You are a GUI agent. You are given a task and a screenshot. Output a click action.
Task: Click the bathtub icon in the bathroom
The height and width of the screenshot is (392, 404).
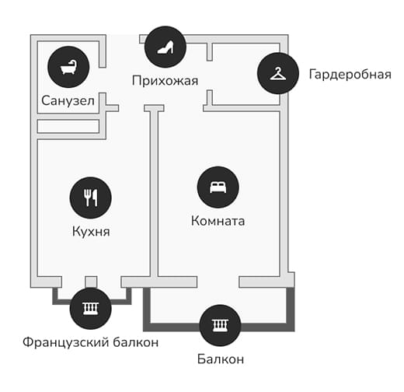pyautogui.click(x=68, y=67)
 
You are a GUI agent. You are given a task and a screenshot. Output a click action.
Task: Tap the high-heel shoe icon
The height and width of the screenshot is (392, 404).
pyautogui.click(x=165, y=47)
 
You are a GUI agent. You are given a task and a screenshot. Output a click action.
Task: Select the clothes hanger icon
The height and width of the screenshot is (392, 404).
pyautogui.click(x=278, y=73)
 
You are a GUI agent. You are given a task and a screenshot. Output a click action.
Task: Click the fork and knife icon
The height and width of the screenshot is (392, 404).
pyautogui.click(x=91, y=198)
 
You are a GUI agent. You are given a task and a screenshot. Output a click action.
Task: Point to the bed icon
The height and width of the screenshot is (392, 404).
pyautogui.click(x=218, y=187)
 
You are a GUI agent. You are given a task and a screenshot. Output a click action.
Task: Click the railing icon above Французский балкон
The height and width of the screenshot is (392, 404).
pyautogui.click(x=91, y=309)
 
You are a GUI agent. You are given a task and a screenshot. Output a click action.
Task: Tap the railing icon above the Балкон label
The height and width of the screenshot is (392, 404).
pyautogui.click(x=221, y=325)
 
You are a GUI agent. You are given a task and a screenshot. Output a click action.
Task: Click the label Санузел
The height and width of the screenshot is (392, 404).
pyautogui.click(x=68, y=100)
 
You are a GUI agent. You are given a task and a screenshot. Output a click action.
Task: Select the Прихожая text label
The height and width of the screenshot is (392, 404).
pyautogui.click(x=165, y=81)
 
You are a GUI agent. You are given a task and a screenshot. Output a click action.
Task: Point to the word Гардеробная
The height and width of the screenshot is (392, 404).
pyautogui.click(x=350, y=75)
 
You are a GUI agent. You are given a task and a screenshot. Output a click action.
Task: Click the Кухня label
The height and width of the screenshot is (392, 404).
pyautogui.click(x=91, y=231)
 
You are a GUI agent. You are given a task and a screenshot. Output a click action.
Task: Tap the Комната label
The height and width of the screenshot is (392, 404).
pyautogui.click(x=218, y=221)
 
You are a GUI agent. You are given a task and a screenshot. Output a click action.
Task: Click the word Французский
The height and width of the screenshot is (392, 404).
pyautogui.click(x=65, y=342)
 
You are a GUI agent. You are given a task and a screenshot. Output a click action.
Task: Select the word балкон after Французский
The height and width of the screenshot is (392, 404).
pyautogui.click(x=136, y=342)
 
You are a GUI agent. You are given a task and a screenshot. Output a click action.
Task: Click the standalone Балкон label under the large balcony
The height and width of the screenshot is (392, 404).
pyautogui.click(x=221, y=359)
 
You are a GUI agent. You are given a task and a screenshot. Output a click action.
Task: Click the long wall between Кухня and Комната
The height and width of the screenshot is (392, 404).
pyautogui.click(x=154, y=192)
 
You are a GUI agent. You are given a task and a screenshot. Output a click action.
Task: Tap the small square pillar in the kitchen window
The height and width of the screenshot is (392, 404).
pyautogui.click(x=91, y=282)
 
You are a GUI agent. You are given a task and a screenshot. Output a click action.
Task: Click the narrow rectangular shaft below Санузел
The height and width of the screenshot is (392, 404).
pyautogui.click(x=68, y=126)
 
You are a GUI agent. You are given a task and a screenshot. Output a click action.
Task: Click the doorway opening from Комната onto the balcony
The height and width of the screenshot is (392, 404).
pyautogui.click(x=218, y=282)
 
